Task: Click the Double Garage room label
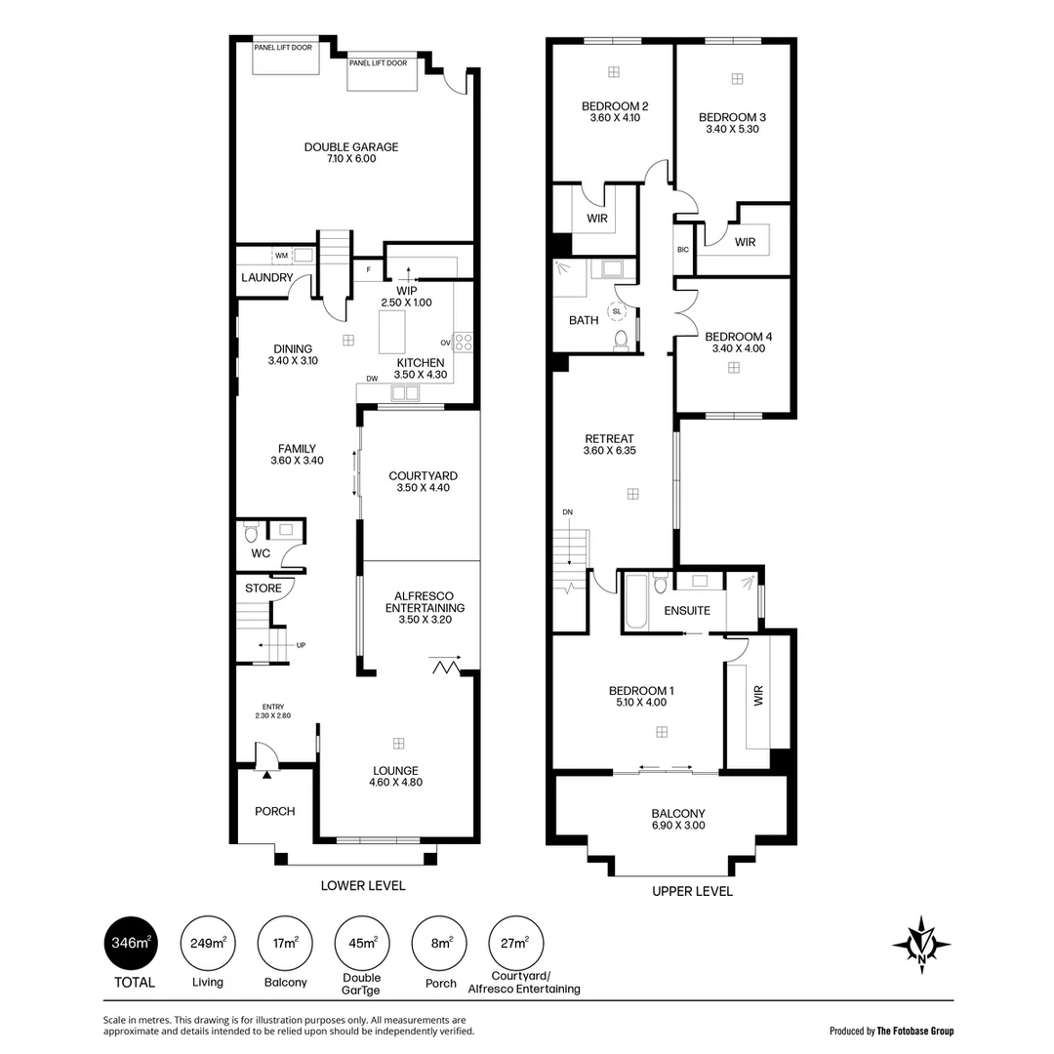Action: click(351, 152)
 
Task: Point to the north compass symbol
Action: click(921, 945)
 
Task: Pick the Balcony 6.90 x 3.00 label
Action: click(677, 819)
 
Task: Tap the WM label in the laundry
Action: click(281, 256)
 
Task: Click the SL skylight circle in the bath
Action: click(617, 312)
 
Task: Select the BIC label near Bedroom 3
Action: click(682, 250)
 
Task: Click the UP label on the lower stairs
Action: click(301, 645)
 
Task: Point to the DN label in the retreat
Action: click(568, 512)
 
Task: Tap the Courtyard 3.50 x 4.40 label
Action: click(423, 482)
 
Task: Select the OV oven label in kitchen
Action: click(445, 343)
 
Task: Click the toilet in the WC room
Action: click(251, 533)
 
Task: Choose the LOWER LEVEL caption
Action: click(363, 886)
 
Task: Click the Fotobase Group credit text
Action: click(891, 1031)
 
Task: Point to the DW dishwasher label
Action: click(372, 379)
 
